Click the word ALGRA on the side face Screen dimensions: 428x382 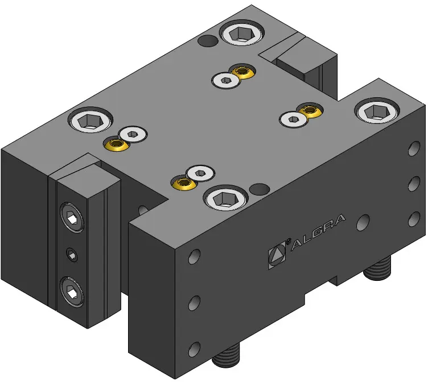point(318,232)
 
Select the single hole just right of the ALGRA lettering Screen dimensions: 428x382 point(363,223)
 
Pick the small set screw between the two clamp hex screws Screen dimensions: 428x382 point(72,255)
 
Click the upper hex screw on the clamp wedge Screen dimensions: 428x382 point(72,217)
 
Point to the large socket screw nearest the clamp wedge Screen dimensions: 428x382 point(90,121)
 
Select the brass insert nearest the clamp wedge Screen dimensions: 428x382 point(116,143)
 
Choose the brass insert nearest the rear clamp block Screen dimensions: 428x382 point(242,72)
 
